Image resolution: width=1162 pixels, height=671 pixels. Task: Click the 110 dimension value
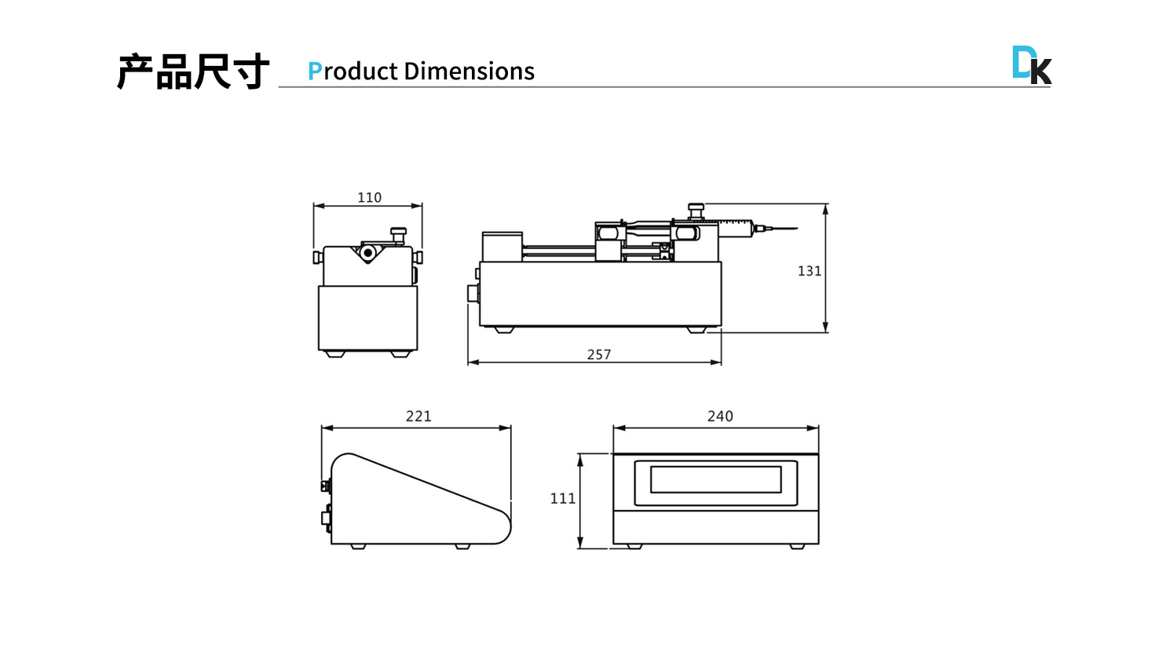(x=369, y=197)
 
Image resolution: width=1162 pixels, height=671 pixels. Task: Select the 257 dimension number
(x=599, y=354)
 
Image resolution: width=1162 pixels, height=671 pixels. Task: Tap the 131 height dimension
(x=809, y=271)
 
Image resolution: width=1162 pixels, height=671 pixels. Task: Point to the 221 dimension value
(x=418, y=416)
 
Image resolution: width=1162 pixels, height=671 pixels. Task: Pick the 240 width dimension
(x=720, y=416)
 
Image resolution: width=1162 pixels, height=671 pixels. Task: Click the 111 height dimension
(x=563, y=498)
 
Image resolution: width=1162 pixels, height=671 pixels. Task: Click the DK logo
(x=1032, y=65)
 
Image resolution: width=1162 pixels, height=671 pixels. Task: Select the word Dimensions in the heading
(x=469, y=71)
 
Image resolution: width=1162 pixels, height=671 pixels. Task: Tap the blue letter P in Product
(x=314, y=71)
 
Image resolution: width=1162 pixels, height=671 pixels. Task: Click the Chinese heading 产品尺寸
(x=193, y=71)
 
